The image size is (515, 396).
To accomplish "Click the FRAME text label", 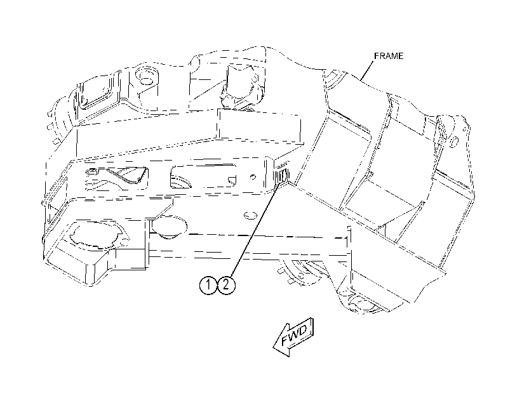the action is (389, 56).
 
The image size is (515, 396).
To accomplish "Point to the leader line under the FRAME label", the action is (367, 70).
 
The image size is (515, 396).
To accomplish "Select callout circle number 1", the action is (208, 285).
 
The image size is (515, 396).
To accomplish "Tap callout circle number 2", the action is (226, 285).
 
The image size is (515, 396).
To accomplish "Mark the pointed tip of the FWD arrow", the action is (274, 346).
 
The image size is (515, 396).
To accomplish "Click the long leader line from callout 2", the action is (255, 230).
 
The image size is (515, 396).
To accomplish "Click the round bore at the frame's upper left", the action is (145, 76).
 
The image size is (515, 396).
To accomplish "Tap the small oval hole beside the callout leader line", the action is (250, 215).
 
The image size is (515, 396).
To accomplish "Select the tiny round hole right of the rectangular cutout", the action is (253, 176).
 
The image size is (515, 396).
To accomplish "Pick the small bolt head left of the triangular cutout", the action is (92, 172).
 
